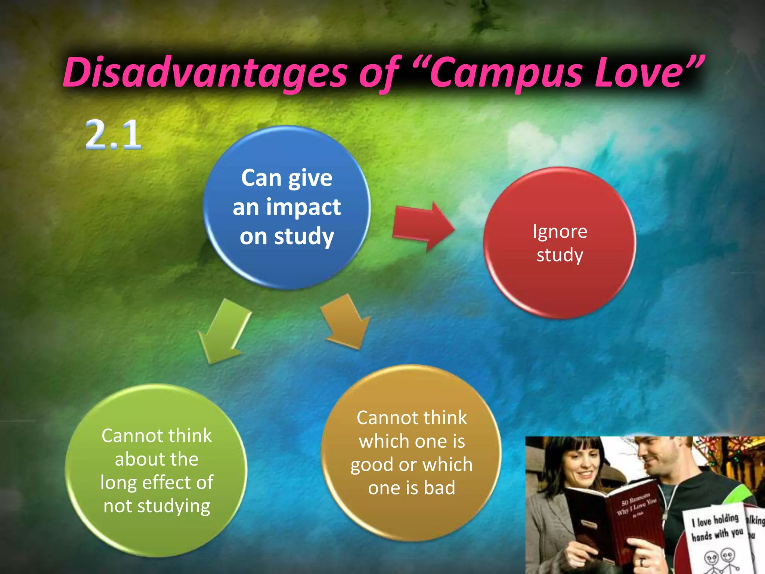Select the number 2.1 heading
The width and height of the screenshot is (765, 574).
pos(114,135)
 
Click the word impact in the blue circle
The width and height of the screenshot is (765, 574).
pos(303,207)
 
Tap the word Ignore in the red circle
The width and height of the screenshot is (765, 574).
pos(560,232)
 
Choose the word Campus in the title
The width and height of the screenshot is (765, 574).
pos(506,73)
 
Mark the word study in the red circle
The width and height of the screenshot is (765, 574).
pos(560,255)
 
